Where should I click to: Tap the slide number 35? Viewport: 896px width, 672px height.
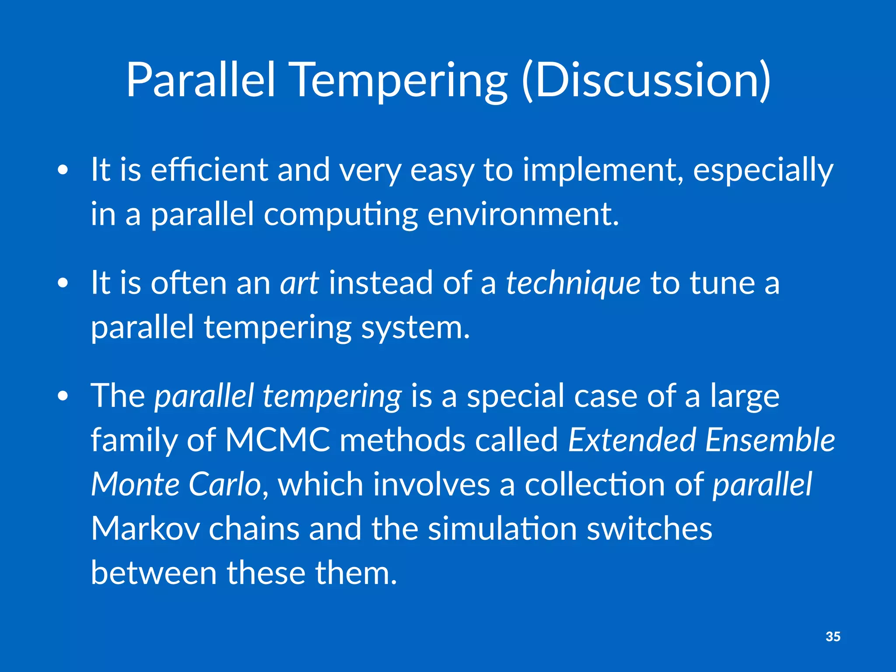[x=833, y=637]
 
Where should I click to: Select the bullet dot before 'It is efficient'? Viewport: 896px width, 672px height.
[x=63, y=170]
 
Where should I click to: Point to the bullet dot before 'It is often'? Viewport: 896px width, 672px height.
[x=63, y=283]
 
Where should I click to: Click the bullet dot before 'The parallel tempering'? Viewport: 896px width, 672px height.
[x=63, y=396]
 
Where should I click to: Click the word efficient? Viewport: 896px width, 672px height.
[x=209, y=170]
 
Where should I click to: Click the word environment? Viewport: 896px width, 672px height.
[x=523, y=214]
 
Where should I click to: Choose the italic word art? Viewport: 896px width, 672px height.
[x=300, y=283]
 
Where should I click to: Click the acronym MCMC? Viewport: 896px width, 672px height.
[x=278, y=440]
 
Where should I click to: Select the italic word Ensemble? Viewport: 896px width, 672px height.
[x=770, y=440]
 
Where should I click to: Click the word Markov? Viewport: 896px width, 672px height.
[x=146, y=528]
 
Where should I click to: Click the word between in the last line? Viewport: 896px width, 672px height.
[x=154, y=573]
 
